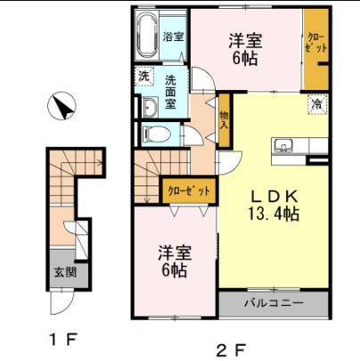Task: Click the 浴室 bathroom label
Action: coord(173,37)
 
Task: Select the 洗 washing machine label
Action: coord(143,77)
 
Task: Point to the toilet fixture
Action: coord(158,135)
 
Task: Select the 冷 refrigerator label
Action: coord(316,104)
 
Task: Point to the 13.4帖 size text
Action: coord(273,214)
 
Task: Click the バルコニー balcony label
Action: coord(274,303)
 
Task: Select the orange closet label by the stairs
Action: coord(188,190)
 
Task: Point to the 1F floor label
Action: coord(59,339)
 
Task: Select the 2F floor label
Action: coord(230,347)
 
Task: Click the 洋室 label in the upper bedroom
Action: coord(244,40)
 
